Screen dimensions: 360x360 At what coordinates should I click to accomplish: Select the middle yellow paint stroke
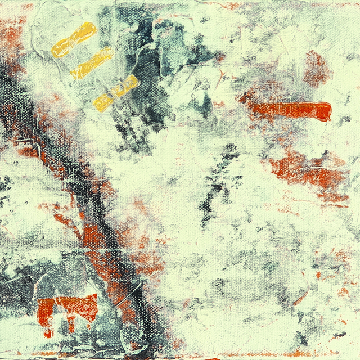click(x=92, y=63)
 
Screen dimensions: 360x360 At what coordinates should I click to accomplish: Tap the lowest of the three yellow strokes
click(x=115, y=93)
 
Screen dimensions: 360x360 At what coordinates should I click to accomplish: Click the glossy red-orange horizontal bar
click(x=290, y=110)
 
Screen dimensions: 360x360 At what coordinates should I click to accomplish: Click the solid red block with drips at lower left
click(x=67, y=307)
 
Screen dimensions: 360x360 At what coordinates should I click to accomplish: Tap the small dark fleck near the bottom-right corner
click(x=337, y=335)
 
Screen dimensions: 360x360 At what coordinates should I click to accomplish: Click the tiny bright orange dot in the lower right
click(x=318, y=275)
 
